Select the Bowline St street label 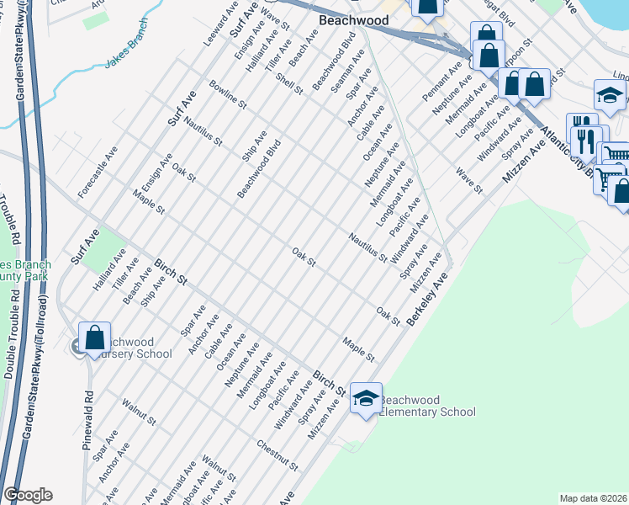[x=227, y=94]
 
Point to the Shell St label [x=288, y=83]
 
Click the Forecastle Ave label [x=97, y=175]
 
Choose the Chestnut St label [x=278, y=455]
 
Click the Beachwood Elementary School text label [x=427, y=406]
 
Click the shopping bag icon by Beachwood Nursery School [x=95, y=337]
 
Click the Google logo [x=28, y=495]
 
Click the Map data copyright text [x=594, y=498]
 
